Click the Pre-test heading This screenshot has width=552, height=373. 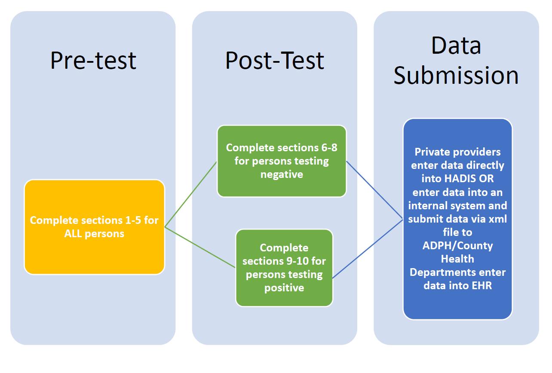point(93,60)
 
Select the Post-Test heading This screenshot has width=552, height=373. point(275,60)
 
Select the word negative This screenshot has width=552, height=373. point(282,174)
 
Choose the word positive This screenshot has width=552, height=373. point(284,287)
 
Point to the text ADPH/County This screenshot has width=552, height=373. point(457,245)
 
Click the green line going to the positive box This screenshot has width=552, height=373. point(200,248)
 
